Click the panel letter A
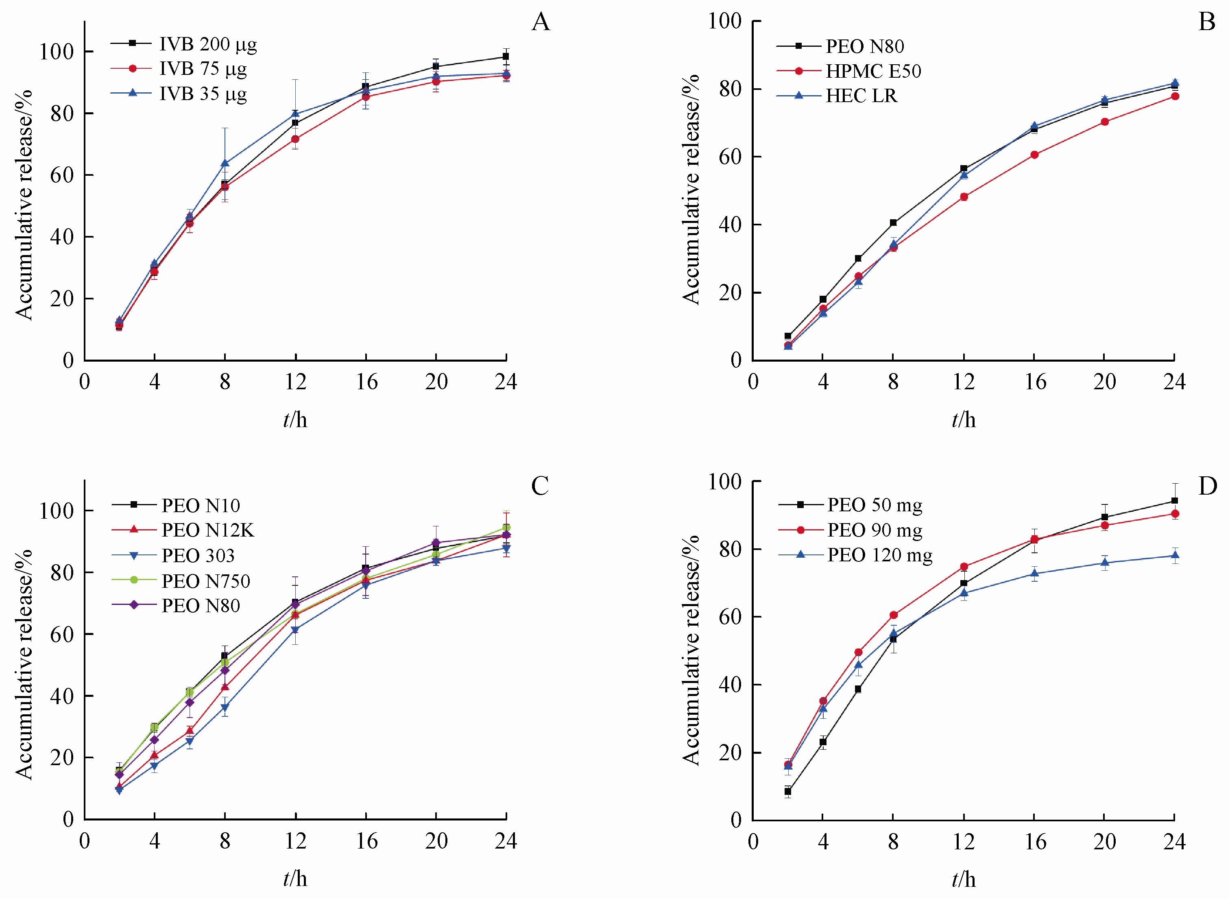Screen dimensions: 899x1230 pos(540,22)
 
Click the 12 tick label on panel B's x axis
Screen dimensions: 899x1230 pos(964,382)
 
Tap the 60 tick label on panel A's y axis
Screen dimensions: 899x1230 pos(61,175)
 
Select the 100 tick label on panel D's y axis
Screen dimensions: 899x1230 pos(724,482)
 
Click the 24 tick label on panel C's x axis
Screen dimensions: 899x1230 pos(506,841)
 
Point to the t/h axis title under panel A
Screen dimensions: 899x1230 pos(295,420)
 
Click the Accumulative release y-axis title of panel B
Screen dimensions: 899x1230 pos(691,190)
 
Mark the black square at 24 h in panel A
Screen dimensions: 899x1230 pos(506,57)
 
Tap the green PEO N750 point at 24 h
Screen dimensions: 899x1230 pos(506,528)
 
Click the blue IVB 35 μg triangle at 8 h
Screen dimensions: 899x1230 pos(225,163)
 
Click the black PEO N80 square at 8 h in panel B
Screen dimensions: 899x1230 pos(893,223)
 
